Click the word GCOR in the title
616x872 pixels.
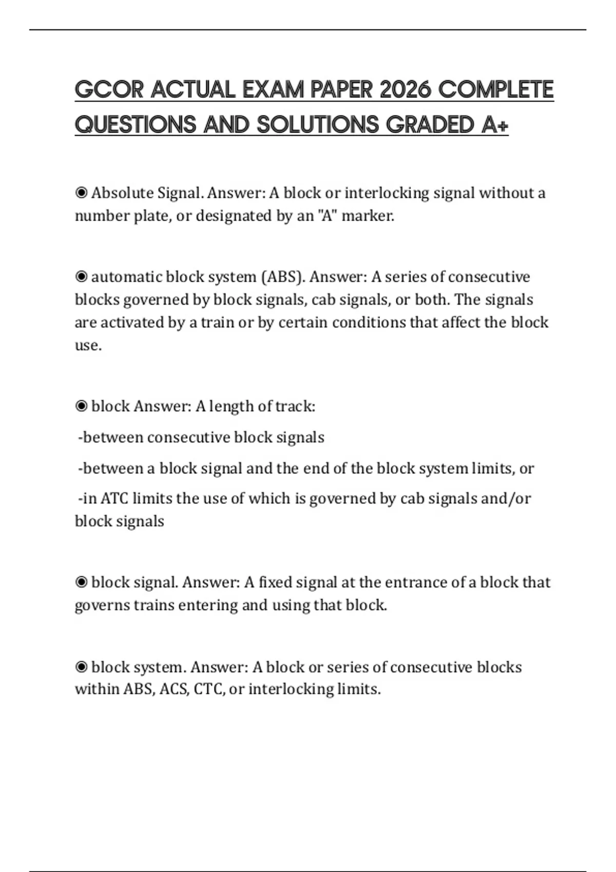click(x=109, y=90)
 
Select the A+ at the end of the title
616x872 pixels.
click(x=495, y=125)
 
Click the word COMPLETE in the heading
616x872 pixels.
click(x=496, y=90)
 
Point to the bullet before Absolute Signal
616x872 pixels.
click(x=81, y=193)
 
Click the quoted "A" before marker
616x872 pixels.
click(x=325, y=216)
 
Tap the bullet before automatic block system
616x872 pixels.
click(x=81, y=277)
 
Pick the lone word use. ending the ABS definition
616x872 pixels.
click(x=88, y=345)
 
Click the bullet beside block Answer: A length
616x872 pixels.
click(x=81, y=406)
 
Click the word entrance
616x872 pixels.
click(x=415, y=582)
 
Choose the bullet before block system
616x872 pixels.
click(x=81, y=667)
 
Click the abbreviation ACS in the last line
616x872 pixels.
click(x=174, y=689)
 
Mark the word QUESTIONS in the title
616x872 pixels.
click(x=136, y=125)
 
